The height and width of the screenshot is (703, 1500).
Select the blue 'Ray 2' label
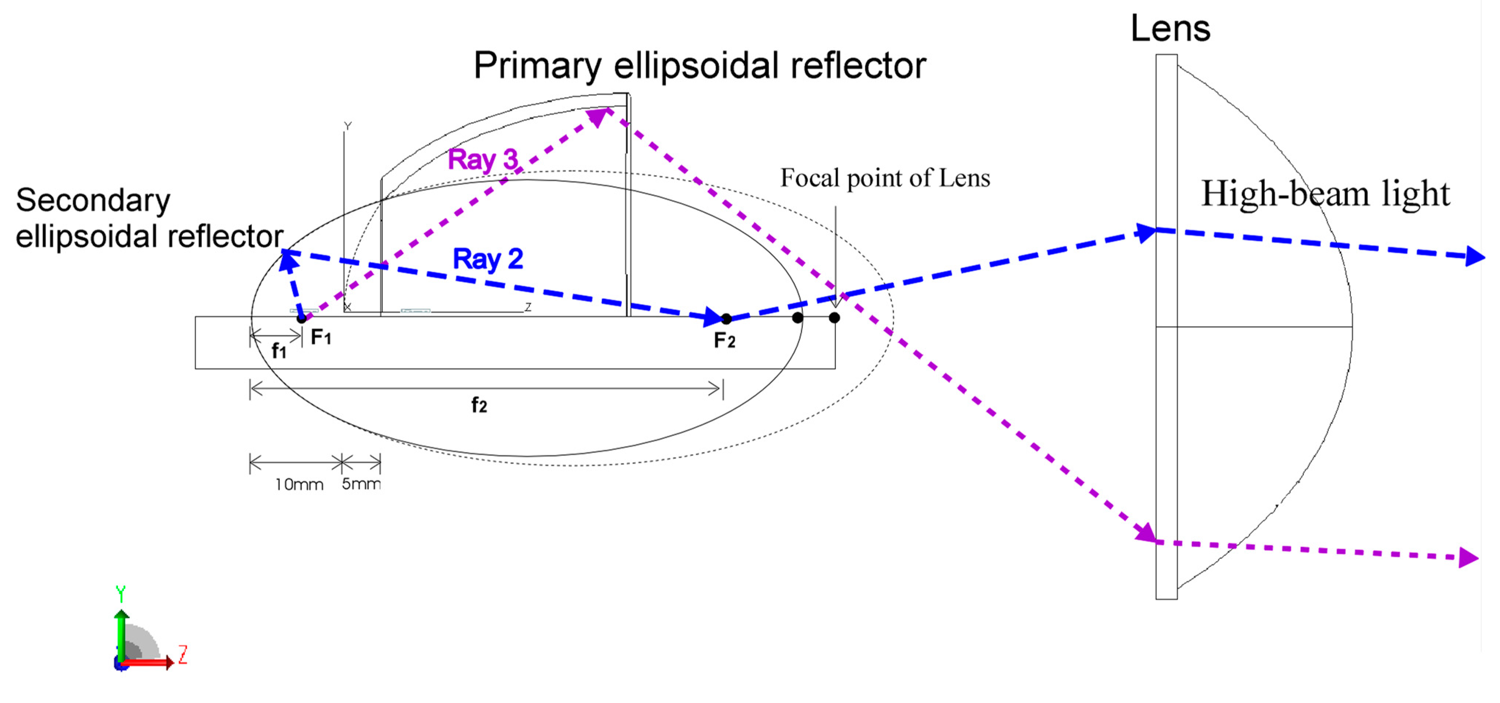[488, 258]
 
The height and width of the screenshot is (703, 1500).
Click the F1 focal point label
[321, 337]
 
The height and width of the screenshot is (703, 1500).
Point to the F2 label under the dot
[724, 340]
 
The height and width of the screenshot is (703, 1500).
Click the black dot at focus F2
[726, 318]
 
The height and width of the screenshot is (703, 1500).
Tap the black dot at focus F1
[301, 318]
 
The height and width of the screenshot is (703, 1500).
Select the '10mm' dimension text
[299, 484]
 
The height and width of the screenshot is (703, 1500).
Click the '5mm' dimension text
[361, 483]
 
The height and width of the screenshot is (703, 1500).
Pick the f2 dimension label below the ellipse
[479, 405]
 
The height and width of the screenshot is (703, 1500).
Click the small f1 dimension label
[279, 351]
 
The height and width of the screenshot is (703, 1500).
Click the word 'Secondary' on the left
[93, 200]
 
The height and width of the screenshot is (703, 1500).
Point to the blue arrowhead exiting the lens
[1475, 256]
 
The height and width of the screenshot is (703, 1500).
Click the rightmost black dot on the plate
[834, 317]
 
